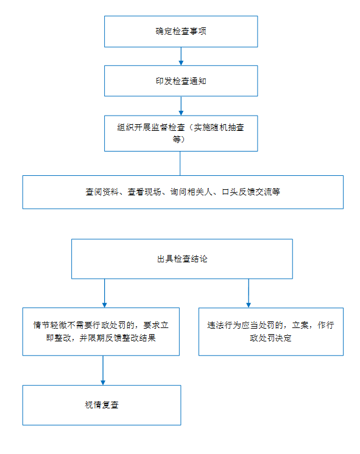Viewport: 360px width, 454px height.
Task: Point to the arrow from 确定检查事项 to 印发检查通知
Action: (x=181, y=56)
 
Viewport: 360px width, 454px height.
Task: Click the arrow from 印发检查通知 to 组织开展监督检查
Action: (x=181, y=106)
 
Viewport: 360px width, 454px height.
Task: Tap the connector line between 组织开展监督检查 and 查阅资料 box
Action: (x=180, y=163)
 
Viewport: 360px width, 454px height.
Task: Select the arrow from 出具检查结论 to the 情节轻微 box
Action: (x=105, y=293)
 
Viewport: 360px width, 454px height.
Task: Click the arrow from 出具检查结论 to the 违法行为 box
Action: (x=249, y=293)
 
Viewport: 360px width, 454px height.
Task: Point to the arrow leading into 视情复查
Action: (x=103, y=371)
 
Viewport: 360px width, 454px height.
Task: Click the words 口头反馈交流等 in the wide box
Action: (x=251, y=192)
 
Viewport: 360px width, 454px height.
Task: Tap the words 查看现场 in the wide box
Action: (x=144, y=192)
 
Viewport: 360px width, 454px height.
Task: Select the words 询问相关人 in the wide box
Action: (x=191, y=192)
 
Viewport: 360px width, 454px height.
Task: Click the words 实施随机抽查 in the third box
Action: (x=219, y=127)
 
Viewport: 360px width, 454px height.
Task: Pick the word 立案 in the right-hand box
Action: (x=300, y=325)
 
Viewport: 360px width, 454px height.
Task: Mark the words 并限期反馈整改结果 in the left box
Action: (x=118, y=338)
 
